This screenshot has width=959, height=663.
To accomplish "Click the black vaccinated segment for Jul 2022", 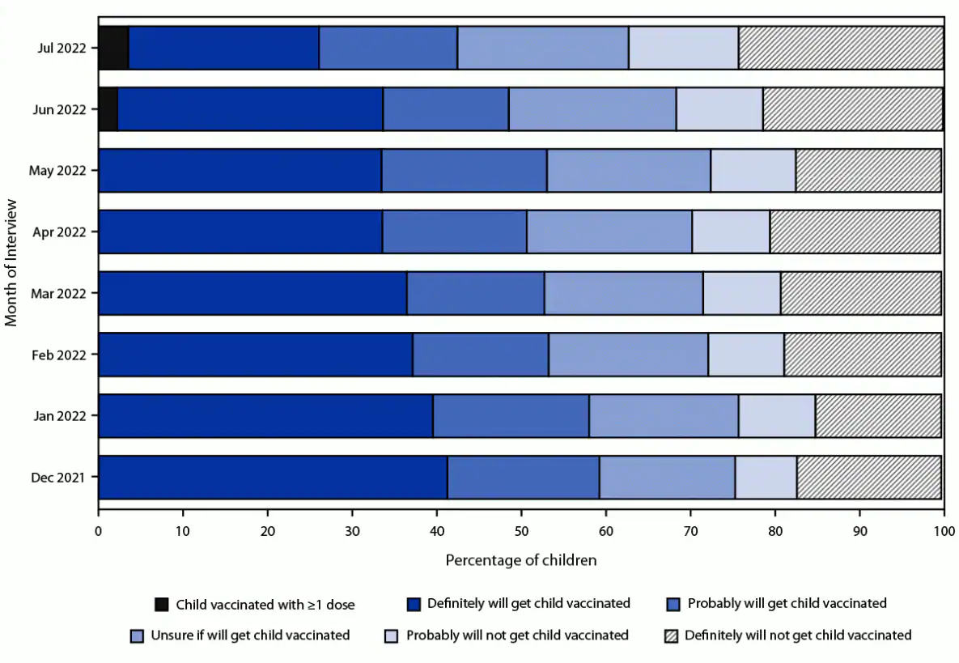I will click(x=113, y=48).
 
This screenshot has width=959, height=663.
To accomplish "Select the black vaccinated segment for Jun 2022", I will click(x=108, y=109).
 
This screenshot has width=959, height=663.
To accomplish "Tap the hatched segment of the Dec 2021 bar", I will click(x=868, y=478).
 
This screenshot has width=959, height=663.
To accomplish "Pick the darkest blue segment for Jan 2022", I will click(x=265, y=416).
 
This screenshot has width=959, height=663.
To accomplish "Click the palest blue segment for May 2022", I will click(x=753, y=171).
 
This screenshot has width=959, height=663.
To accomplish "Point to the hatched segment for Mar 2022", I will click(x=860, y=293).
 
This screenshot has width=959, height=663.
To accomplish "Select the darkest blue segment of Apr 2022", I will click(x=240, y=232).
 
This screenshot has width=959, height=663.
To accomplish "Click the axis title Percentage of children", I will click(x=521, y=560).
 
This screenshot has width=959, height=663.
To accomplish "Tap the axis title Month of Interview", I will click(x=11, y=262).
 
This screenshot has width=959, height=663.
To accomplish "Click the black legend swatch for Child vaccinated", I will click(x=162, y=604).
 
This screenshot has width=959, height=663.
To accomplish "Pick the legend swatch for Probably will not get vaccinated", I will click(x=392, y=635).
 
